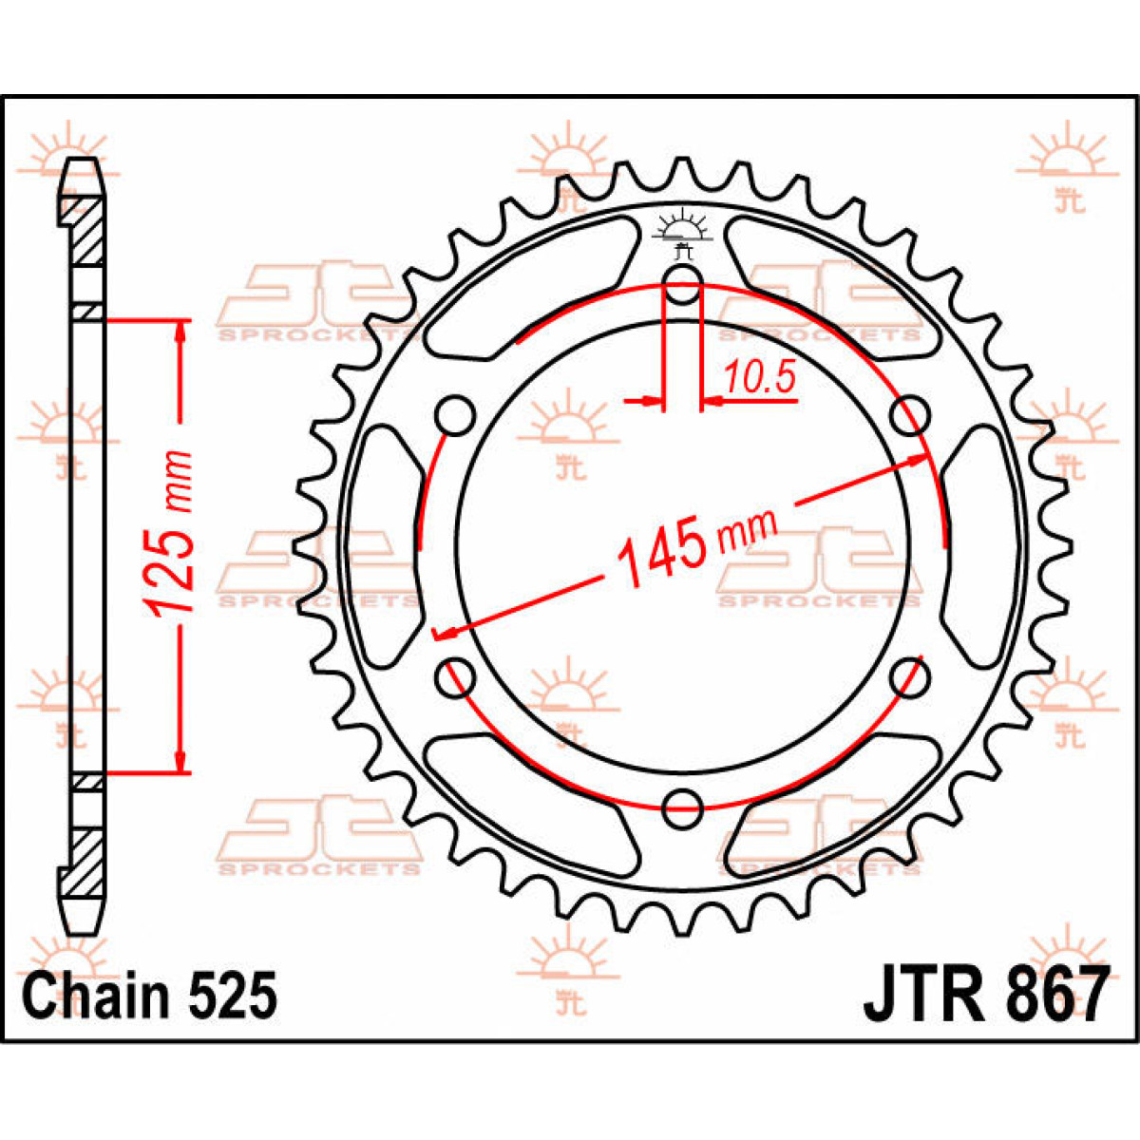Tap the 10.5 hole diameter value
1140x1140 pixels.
tap(760, 379)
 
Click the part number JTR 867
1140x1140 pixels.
tap(985, 995)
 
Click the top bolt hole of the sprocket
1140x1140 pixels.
tap(682, 283)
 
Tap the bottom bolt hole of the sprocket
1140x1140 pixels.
tap(682, 809)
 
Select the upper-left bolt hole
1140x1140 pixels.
tap(455, 414)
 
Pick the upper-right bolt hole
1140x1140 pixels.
tap(910, 414)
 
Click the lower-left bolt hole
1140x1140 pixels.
tap(454, 677)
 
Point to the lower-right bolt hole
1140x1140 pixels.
tap(910, 676)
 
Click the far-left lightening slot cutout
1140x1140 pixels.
tap(384, 546)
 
